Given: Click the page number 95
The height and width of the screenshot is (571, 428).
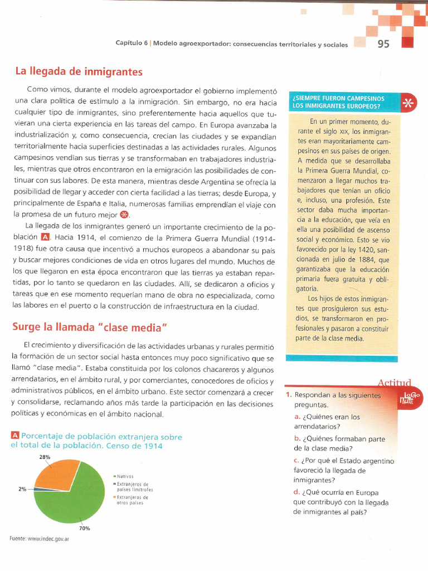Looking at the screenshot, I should (383, 45).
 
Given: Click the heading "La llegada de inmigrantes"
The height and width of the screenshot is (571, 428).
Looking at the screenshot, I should (78, 72).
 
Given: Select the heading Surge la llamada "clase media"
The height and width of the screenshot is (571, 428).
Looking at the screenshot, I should (90, 327).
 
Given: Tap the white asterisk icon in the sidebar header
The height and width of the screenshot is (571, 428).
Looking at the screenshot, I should (408, 102).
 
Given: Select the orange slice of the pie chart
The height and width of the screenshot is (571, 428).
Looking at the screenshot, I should (56, 472).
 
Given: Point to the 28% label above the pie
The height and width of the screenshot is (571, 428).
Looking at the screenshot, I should (45, 457).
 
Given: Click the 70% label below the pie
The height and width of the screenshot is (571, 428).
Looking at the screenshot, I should (85, 528).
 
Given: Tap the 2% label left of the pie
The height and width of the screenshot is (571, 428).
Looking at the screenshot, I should (22, 489).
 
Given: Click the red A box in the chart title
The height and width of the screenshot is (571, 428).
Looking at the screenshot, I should (15, 437).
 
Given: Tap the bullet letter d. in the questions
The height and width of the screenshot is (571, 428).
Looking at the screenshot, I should (297, 492).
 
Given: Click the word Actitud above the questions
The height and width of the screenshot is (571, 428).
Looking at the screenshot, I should (394, 383).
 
